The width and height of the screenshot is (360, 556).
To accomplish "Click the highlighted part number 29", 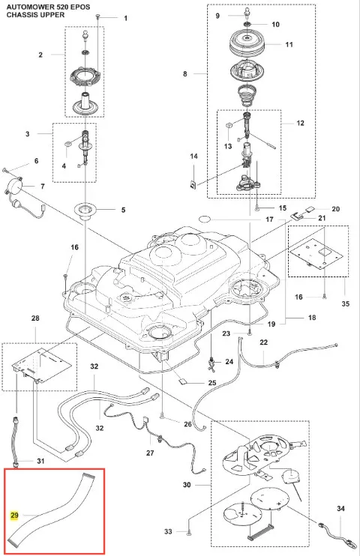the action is tap(14, 516).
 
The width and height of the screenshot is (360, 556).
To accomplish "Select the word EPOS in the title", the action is tap(80, 7).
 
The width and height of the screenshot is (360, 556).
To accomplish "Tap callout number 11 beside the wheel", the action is tap(289, 44).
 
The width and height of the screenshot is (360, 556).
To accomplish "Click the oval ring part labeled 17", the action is tap(205, 219).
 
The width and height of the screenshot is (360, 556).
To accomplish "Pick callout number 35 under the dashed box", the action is tap(345, 303).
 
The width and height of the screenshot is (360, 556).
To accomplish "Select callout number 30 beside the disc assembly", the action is tap(187, 484).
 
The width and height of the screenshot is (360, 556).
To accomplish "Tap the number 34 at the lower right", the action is tap(340, 509).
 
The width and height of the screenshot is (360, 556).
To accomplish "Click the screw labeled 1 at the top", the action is tap(97, 16).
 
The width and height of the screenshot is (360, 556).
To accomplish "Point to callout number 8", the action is tap(185, 73).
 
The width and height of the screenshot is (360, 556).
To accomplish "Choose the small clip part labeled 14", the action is tap(194, 184).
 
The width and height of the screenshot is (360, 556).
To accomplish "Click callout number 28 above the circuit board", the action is tap(35, 318).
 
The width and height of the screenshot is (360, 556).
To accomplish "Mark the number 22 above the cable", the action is tap(264, 342).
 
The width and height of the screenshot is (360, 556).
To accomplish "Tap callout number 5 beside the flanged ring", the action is tap(123, 210).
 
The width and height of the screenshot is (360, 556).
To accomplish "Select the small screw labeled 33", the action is tap(187, 531).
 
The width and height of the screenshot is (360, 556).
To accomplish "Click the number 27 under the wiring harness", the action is tap(150, 453).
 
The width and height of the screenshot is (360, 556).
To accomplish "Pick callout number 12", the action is tap(300, 123).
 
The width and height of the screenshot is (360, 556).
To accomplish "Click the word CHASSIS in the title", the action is tap(19, 15).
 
